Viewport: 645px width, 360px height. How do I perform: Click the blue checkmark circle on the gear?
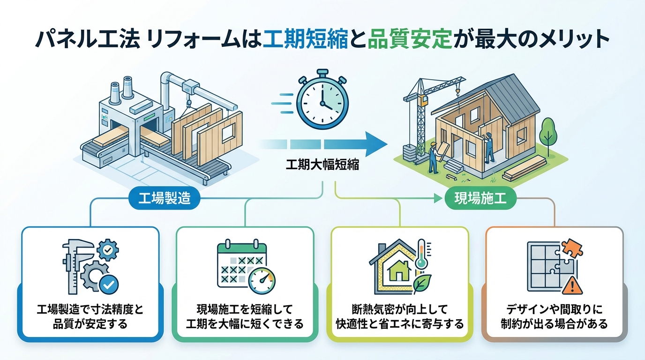[111, 283]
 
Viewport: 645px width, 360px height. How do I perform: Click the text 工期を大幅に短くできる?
[244, 324]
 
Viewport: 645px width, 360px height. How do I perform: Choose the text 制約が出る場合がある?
[555, 324]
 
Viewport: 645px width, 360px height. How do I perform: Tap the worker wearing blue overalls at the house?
[488, 148]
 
